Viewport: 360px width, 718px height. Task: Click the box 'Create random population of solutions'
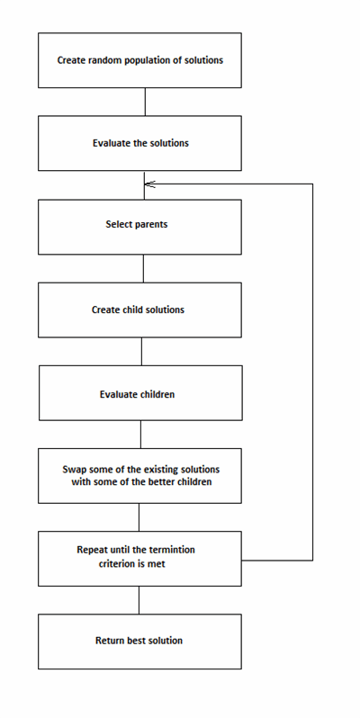pyautogui.click(x=139, y=60)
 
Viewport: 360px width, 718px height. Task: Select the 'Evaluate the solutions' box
pyautogui.click(x=139, y=143)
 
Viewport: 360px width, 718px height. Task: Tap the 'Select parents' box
pyautogui.click(x=139, y=227)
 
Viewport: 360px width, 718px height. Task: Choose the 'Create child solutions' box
pyautogui.click(x=139, y=310)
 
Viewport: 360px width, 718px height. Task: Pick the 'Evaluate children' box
pyautogui.click(x=140, y=393)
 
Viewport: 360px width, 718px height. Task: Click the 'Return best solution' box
pyautogui.click(x=139, y=642)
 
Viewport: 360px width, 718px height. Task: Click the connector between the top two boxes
pyautogui.click(x=145, y=102)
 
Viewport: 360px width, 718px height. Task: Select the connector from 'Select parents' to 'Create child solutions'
pyautogui.click(x=143, y=268)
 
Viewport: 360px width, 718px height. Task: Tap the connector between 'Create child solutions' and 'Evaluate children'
pyautogui.click(x=141, y=351)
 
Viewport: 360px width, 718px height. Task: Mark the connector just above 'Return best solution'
pyautogui.click(x=139, y=600)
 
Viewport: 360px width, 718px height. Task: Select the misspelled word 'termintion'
pyautogui.click(x=169, y=550)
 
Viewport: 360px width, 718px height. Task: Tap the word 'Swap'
pyautogui.click(x=73, y=470)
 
